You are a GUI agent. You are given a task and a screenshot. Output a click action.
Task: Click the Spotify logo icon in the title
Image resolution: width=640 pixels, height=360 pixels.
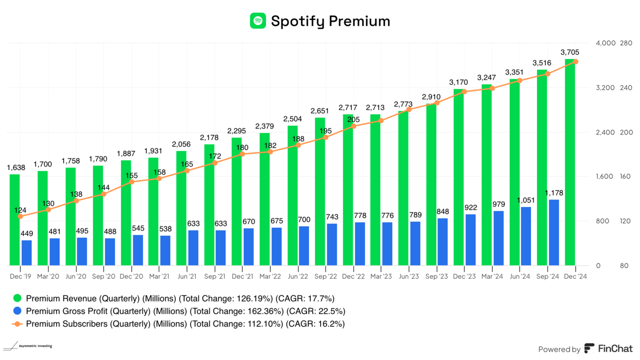tap(258, 21)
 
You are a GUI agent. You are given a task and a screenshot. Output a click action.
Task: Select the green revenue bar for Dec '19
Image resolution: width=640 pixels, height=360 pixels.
tap(14, 220)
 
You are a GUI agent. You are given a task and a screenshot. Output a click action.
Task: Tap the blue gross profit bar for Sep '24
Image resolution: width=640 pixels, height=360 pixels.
tap(554, 232)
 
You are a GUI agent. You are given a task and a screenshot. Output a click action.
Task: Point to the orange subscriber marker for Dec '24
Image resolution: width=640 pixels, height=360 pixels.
tap(576, 61)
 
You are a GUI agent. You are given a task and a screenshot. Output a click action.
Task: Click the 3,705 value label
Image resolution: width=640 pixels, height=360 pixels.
tap(570, 52)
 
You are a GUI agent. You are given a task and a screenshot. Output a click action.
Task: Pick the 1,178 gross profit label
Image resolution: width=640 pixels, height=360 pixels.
tap(554, 193)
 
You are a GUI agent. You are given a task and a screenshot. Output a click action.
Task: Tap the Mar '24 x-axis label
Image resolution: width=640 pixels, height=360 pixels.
tap(491, 277)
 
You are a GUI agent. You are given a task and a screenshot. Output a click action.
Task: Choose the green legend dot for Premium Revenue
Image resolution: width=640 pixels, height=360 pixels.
tap(18, 299)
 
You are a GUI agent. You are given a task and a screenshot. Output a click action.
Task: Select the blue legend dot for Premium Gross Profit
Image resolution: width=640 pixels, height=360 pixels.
tap(18, 311)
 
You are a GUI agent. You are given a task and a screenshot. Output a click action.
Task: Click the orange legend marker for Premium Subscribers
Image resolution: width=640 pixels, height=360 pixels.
tap(18, 324)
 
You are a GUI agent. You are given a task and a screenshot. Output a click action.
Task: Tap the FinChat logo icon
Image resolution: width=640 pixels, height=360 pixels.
tap(589, 349)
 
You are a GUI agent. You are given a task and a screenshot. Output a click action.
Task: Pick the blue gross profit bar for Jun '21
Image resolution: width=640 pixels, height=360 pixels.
tap(193, 248)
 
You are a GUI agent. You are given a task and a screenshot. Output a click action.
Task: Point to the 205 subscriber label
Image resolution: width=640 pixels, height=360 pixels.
tap(353, 119)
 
